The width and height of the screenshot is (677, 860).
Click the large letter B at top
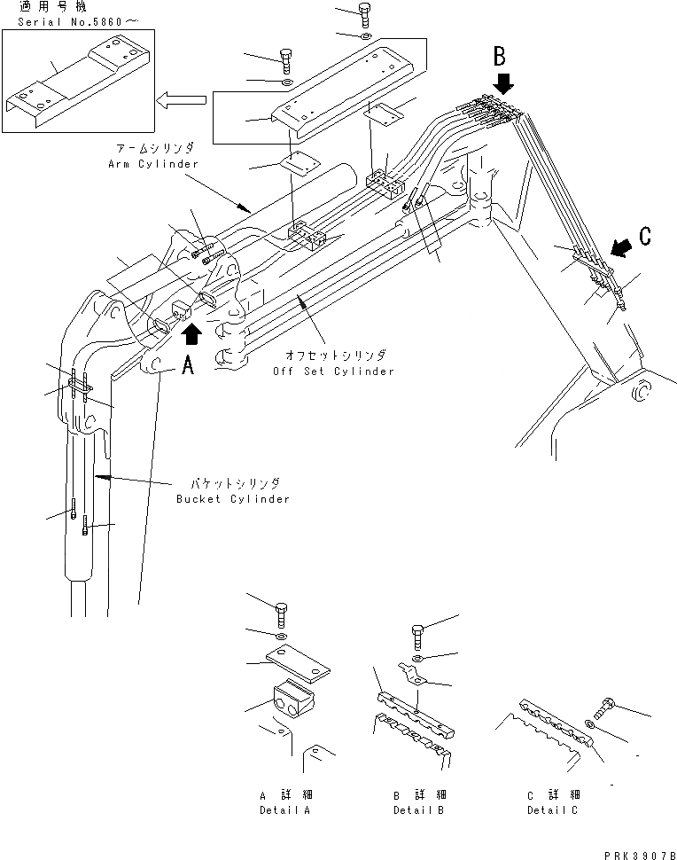[500, 57]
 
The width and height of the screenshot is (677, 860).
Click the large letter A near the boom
[188, 366]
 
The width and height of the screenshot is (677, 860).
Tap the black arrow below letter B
[503, 83]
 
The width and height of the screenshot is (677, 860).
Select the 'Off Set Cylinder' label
[332, 371]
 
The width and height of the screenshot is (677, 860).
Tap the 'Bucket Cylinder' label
[232, 499]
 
